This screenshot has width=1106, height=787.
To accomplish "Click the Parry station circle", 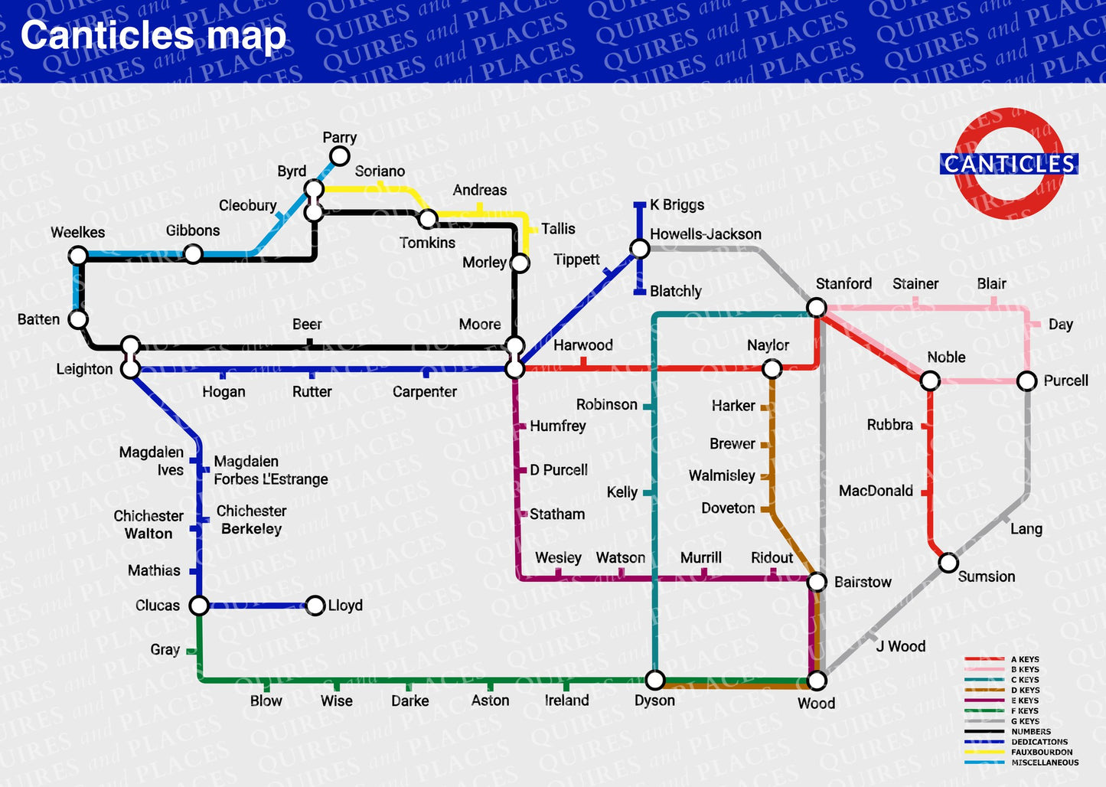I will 339,157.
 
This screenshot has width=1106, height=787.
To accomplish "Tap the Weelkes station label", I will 77,233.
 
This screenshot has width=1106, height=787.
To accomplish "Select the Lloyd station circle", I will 315,606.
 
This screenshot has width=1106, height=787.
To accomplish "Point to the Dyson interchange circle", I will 655,680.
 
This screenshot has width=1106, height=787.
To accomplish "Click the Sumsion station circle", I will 948,563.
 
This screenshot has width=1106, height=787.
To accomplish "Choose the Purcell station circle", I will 1027,381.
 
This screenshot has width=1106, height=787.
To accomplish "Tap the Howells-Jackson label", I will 705,234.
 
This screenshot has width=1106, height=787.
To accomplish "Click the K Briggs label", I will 677,204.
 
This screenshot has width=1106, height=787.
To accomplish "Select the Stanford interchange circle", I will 817,308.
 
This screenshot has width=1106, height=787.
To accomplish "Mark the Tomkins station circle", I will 428,220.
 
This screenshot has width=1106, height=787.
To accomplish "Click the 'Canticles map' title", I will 153,36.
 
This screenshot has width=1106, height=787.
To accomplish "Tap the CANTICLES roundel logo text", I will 1009,164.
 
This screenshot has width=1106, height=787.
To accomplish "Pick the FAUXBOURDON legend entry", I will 1041,752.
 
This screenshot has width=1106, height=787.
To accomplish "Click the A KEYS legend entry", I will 1024,659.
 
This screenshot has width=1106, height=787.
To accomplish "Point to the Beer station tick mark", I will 310,344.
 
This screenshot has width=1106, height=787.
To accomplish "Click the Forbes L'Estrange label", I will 270,479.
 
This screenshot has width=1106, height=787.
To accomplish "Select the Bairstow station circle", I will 817,583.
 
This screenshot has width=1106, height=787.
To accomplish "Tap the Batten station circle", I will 79,319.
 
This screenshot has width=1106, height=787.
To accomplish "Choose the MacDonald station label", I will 876,491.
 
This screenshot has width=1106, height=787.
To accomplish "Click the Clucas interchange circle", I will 199,606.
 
